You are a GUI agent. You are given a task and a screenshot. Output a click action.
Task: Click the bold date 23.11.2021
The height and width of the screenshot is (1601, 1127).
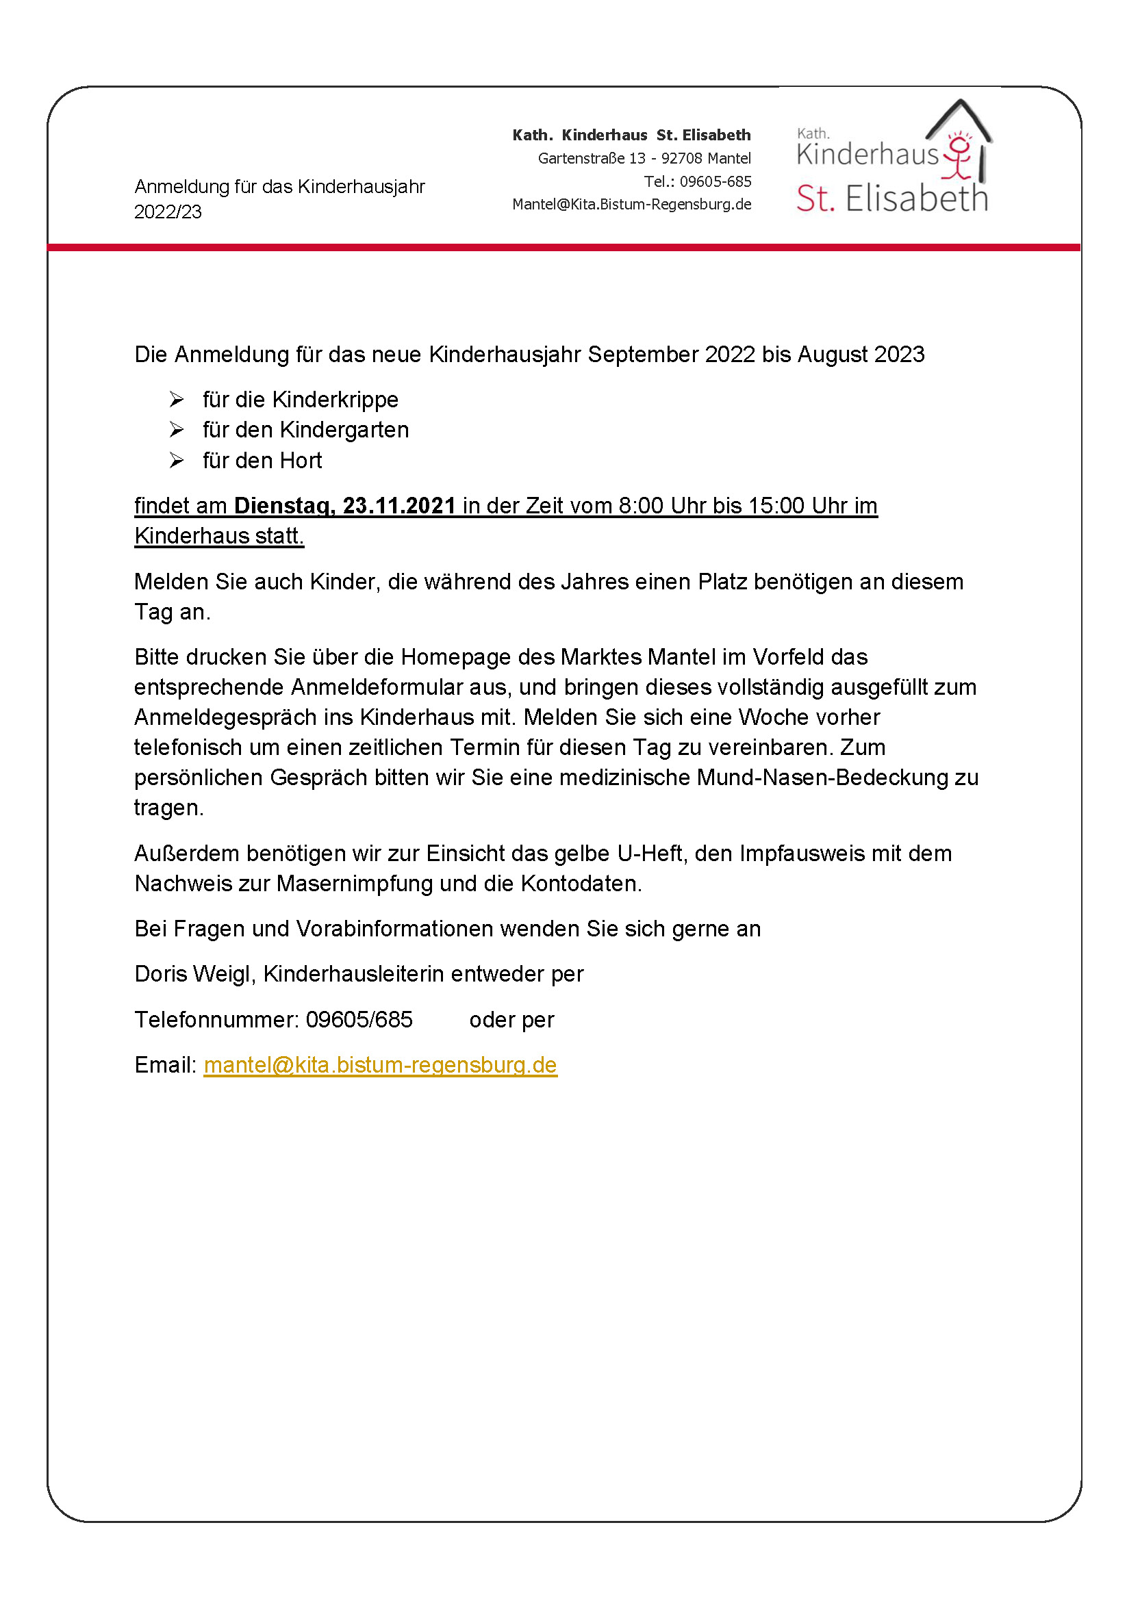[x=399, y=506]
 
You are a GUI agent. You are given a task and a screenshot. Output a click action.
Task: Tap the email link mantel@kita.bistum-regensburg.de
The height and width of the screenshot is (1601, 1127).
[x=380, y=1065]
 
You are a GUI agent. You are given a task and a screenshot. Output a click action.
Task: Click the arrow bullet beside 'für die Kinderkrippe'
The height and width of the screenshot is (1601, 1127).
[x=177, y=400]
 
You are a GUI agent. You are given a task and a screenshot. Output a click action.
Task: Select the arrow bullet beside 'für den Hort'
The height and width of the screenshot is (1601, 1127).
[x=177, y=460]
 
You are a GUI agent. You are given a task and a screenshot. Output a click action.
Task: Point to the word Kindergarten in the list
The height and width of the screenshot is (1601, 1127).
[x=344, y=431]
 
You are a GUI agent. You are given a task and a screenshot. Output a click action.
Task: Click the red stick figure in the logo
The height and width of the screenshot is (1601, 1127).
[x=959, y=157]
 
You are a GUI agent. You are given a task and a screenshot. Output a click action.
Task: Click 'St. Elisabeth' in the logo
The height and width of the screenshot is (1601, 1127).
[x=892, y=199]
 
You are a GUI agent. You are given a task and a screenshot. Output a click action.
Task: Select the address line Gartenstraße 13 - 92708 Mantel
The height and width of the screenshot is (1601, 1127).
[x=644, y=158]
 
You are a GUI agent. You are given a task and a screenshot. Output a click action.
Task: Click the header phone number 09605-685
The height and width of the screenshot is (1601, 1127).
[x=716, y=182]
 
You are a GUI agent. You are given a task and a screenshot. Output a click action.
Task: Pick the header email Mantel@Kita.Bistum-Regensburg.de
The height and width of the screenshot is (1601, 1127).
[x=632, y=204]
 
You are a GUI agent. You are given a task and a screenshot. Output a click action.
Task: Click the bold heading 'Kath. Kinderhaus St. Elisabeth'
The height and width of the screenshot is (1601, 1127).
[x=632, y=136]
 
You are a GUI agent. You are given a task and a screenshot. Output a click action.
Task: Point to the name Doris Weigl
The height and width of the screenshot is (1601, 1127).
[x=192, y=974]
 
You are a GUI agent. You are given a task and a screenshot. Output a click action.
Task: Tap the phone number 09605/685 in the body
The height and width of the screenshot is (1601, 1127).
[x=359, y=1020]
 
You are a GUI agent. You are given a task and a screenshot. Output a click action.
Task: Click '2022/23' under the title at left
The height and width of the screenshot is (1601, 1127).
[x=167, y=212]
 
